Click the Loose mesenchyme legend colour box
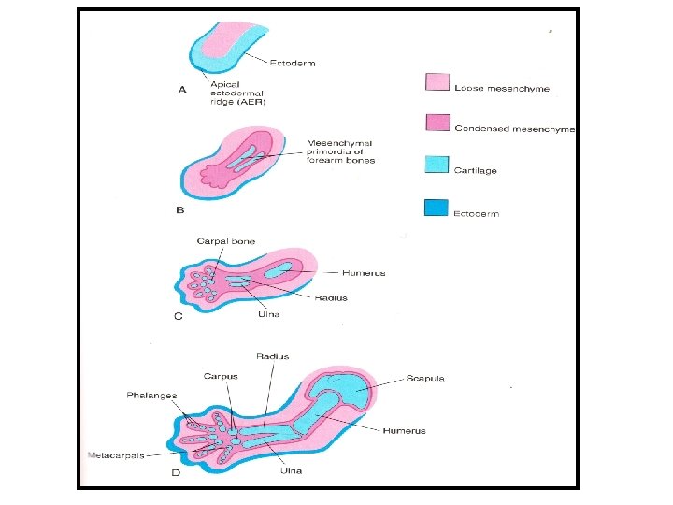(437, 83)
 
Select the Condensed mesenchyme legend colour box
(437, 123)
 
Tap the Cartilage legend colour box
(437, 165)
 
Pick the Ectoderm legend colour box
(437, 208)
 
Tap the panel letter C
(179, 317)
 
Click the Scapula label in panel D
(425, 379)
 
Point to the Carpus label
(222, 377)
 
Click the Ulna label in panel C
(268, 314)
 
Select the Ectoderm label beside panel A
(293, 63)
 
